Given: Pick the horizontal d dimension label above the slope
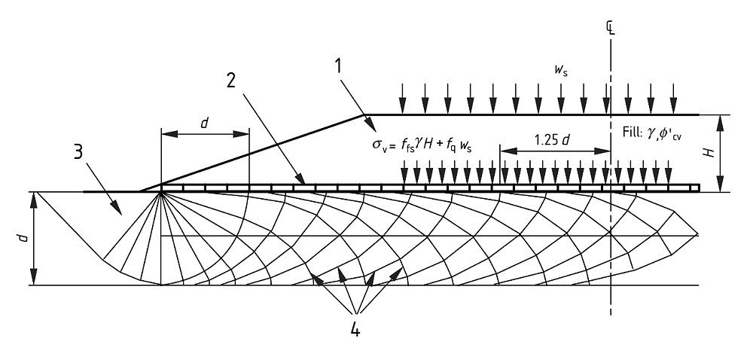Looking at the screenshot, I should pos(205,123).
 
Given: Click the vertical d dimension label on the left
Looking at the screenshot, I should pos(23,238).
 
